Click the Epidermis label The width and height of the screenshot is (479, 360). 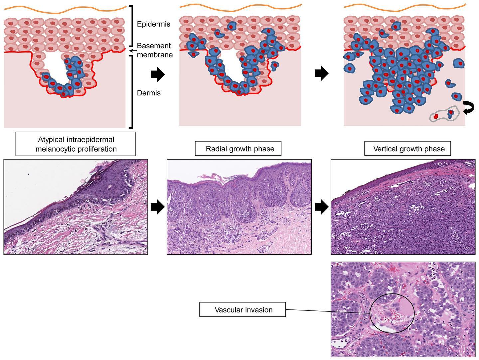[x=153, y=24]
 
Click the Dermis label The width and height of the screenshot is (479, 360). [x=149, y=93]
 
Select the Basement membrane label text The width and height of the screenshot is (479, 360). [x=155, y=50]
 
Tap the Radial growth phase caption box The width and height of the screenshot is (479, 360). [x=238, y=149]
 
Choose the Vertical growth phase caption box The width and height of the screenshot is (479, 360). [x=407, y=149]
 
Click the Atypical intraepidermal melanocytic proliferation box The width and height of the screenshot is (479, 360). [x=76, y=144]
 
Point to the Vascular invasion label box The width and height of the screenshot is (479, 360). [x=242, y=309]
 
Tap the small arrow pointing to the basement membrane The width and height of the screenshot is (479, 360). [x=133, y=51]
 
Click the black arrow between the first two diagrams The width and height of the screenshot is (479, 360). [x=158, y=74]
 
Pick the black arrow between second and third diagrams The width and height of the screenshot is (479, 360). [x=322, y=73]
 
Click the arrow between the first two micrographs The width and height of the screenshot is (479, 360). [x=158, y=207]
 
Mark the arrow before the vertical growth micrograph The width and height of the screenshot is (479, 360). [x=322, y=207]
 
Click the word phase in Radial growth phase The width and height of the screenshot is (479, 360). [x=264, y=149]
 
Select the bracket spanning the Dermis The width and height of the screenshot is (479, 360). [x=131, y=92]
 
